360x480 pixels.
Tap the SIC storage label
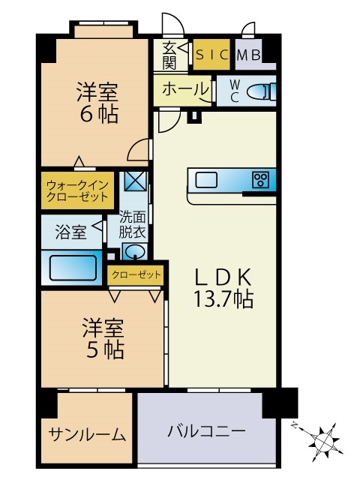(x=212, y=54)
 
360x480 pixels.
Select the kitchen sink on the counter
(x=207, y=179)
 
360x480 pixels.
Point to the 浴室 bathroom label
(x=70, y=232)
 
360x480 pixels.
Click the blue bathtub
(x=73, y=267)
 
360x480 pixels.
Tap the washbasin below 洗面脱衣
(x=134, y=251)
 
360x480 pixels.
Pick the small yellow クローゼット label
(x=136, y=275)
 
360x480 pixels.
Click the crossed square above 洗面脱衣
(x=136, y=182)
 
